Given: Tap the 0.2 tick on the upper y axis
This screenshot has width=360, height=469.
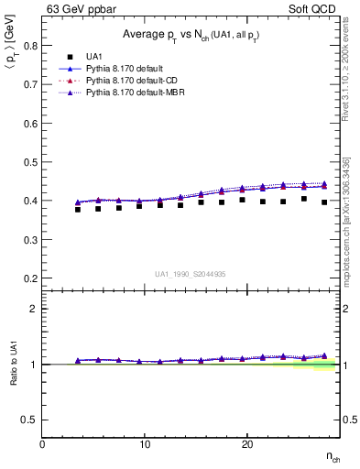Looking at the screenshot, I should point(30,278).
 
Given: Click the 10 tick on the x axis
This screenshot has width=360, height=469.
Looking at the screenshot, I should point(145,444).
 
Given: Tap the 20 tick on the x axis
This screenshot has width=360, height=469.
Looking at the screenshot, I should point(246,444).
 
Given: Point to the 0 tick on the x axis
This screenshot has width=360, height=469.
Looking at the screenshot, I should point(43,444).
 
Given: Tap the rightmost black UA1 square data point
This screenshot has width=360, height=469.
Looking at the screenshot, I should point(324,202).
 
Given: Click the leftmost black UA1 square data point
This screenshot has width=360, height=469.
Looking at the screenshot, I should point(78,210).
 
